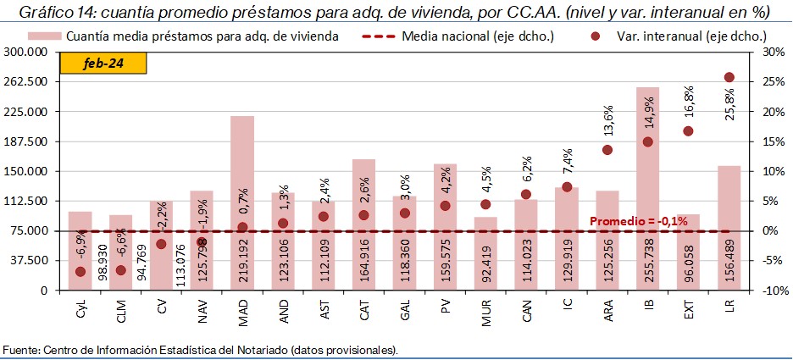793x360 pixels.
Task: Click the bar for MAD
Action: click(x=242, y=169)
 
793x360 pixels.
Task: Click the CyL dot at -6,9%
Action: click(x=80, y=272)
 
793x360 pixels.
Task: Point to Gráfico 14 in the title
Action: click(x=52, y=12)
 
